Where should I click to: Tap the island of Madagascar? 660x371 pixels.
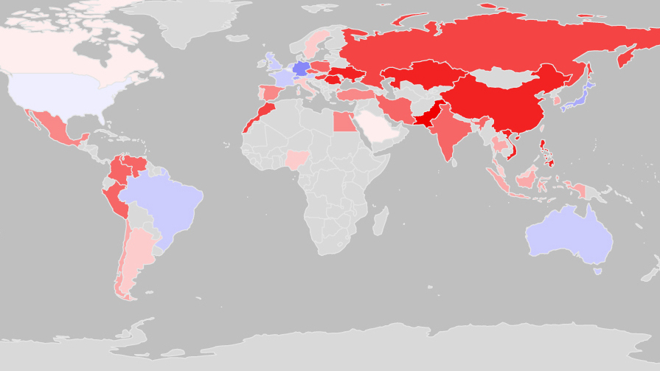(380, 221)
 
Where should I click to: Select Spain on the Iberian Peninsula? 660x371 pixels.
(269, 94)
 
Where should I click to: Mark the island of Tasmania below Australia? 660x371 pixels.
(598, 271)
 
